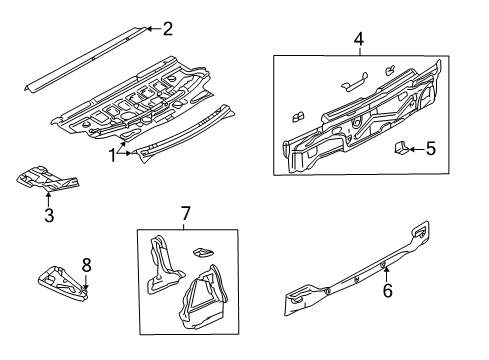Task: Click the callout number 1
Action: pos(113,155)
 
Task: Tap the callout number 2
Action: pos(168,29)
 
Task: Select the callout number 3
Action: pos(49,215)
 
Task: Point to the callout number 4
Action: pos(359,39)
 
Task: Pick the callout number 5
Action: pos(431,149)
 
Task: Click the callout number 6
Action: pos(388,291)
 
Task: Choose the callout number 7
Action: pos(185,213)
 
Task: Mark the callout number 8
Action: pos(86,266)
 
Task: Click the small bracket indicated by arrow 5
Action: pos(401,148)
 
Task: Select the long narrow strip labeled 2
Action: pos(86,59)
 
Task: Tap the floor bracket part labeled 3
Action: pos(47,179)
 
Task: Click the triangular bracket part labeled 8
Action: pos(63,284)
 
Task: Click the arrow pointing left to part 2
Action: pos(154,29)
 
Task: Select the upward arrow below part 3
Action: pos(49,199)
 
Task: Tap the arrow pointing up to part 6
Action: pos(387,275)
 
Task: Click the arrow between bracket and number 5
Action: pos(416,149)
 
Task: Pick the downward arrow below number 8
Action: pos(86,282)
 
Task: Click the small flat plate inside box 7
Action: pos(203,253)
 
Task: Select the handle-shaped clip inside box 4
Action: pos(354,82)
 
